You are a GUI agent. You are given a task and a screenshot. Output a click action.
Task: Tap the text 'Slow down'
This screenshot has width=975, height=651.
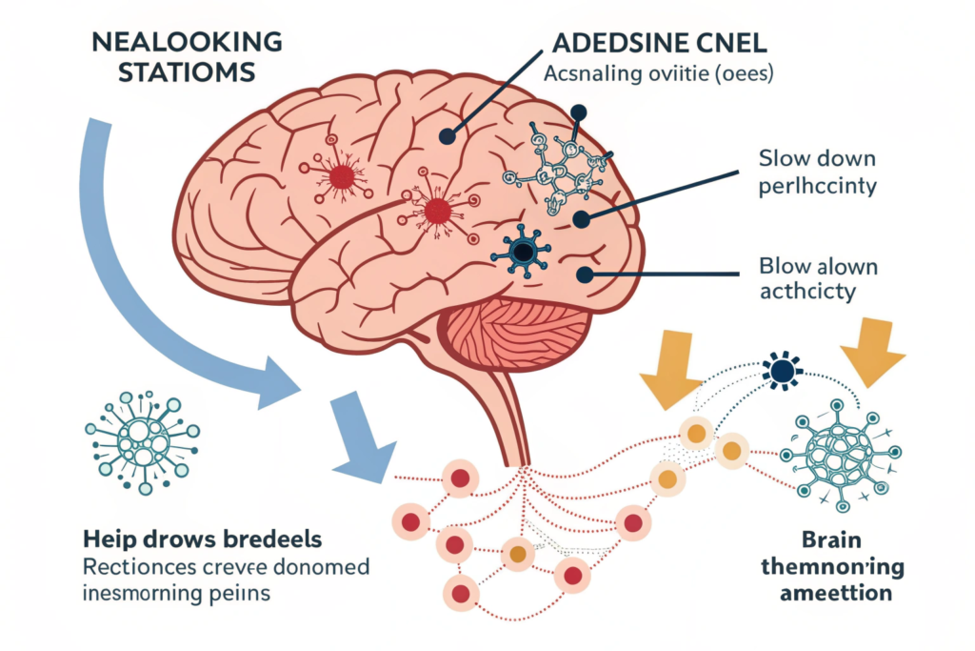click(814, 157)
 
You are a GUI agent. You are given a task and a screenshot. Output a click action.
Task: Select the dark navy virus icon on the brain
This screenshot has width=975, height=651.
click(523, 251)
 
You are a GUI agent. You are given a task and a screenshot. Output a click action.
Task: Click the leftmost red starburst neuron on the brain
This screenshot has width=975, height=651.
click(340, 175)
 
